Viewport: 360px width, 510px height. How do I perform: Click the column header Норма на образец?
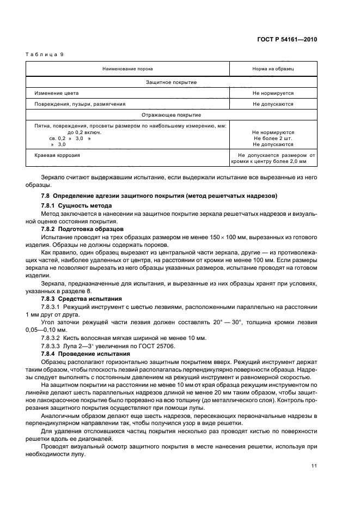pyautogui.click(x=273, y=69)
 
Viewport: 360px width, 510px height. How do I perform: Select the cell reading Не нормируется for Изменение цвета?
pyautogui.click(x=273, y=93)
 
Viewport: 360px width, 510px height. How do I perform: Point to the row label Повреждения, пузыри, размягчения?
pyautogui.click(x=80, y=104)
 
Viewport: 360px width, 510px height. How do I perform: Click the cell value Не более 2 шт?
pyautogui.click(x=273, y=138)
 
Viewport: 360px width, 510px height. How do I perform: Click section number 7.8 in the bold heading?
pyautogui.click(x=46, y=196)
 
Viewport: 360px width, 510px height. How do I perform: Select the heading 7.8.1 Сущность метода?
pyautogui.click(x=76, y=205)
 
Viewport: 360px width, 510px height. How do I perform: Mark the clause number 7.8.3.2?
pyautogui.click(x=52, y=338)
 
